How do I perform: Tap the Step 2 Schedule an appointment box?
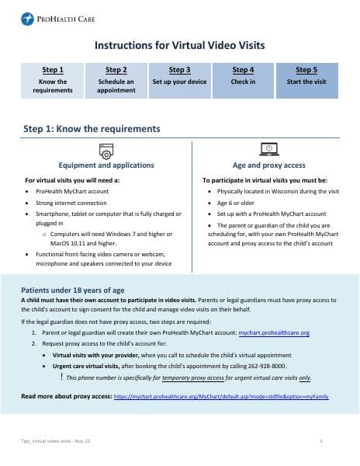click(116, 80)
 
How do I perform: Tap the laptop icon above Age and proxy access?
click(268, 149)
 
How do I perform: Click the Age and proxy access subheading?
click(268, 165)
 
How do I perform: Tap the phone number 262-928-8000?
click(268, 365)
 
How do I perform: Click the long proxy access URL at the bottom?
click(221, 396)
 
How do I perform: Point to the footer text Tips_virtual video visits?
click(54, 440)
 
